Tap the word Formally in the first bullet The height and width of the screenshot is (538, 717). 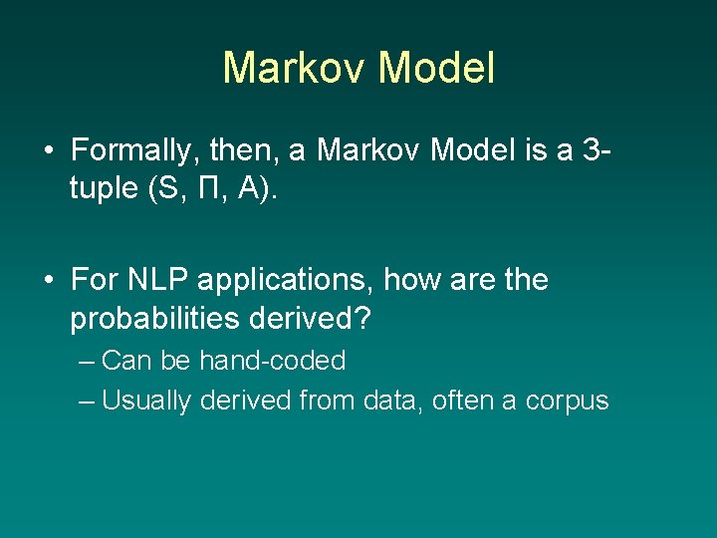point(131,151)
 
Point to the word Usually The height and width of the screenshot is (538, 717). point(146,401)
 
